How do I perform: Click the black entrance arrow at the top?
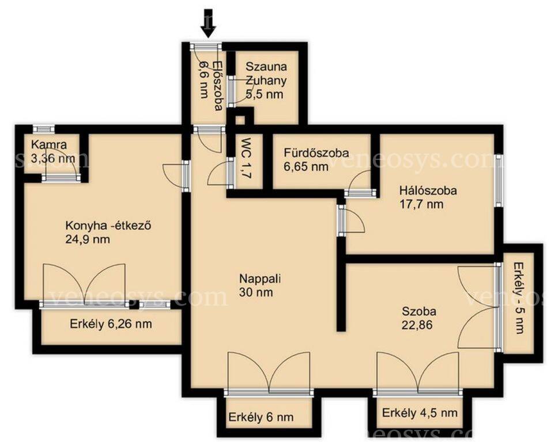[x=208, y=24]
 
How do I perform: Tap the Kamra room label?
[x=49, y=144]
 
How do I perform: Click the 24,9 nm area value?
[x=88, y=239]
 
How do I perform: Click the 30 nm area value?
[x=256, y=292]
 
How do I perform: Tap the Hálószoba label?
[x=428, y=190]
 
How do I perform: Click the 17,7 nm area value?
[x=421, y=204]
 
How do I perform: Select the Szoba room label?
[x=419, y=311]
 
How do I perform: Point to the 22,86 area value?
[x=418, y=325]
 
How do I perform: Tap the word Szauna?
[x=266, y=66]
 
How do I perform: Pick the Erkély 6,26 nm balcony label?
[x=111, y=324]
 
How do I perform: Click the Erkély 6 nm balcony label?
[x=261, y=417]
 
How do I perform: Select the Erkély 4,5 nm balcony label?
[x=420, y=413]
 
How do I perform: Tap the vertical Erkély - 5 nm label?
[x=519, y=298]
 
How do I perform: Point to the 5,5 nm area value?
[x=265, y=94]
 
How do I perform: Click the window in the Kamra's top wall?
[x=44, y=129]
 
